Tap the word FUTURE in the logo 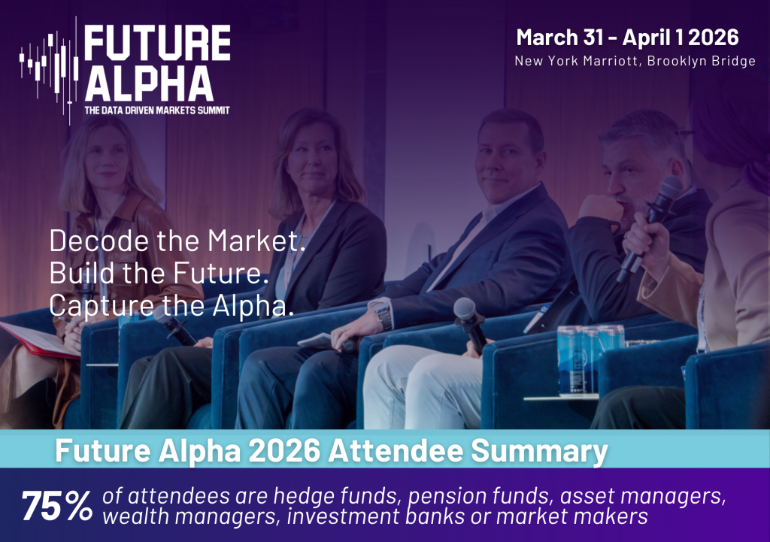click(157, 43)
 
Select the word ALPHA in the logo click(150, 83)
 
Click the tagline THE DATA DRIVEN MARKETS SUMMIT click(157, 111)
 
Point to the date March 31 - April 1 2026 click(627, 38)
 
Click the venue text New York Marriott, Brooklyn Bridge click(635, 61)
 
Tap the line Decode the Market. click(177, 241)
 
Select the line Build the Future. click(159, 273)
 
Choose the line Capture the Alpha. click(171, 305)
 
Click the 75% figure click(57, 506)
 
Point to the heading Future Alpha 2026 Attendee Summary click(332, 450)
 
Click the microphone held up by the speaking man click(650, 226)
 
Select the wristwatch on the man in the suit click(384, 316)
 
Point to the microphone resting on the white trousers click(470, 325)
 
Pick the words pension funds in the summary click(479, 496)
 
